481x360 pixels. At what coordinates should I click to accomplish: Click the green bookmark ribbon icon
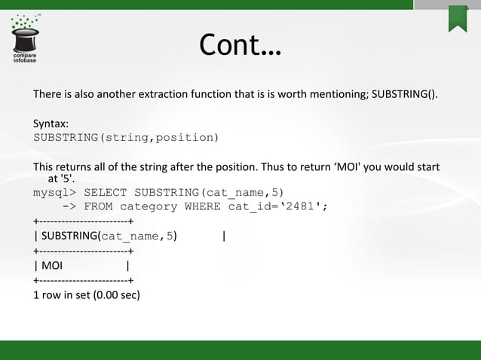pos(458,18)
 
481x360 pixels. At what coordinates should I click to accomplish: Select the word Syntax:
pos(51,124)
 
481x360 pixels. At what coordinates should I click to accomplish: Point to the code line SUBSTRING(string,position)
pos(126,138)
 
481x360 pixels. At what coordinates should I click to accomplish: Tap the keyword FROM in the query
pos(100,207)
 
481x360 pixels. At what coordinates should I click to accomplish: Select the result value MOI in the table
pos(52,265)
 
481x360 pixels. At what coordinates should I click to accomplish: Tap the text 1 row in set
pos(60,294)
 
